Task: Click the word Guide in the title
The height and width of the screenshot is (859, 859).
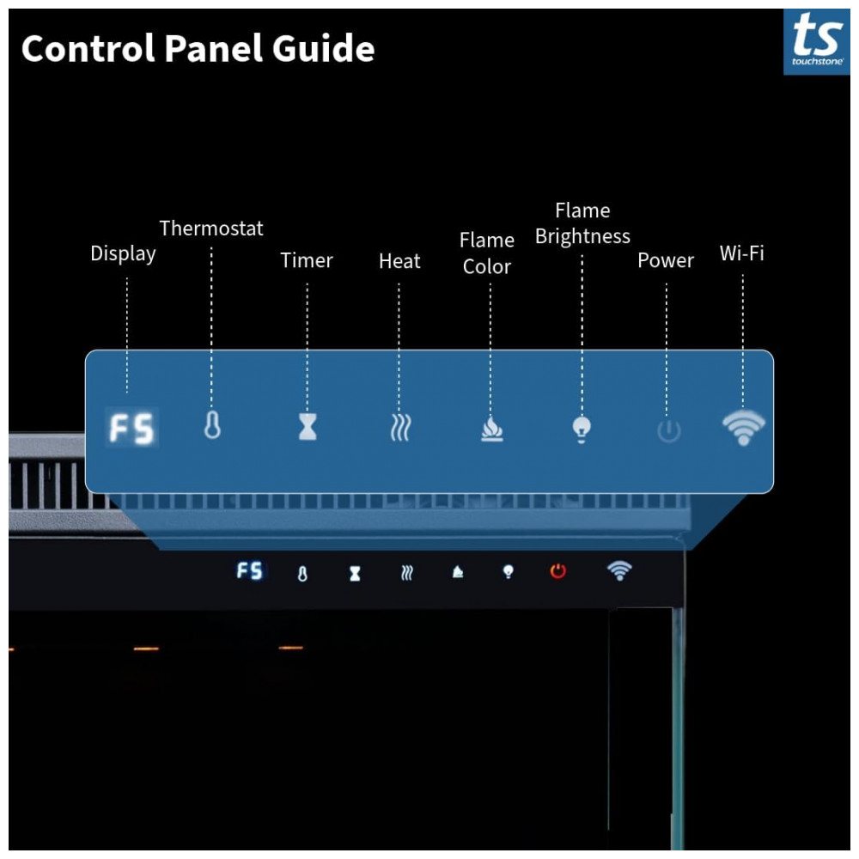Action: coord(324,49)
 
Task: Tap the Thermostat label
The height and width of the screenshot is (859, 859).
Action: coord(211,228)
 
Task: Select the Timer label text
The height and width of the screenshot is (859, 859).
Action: coord(307,260)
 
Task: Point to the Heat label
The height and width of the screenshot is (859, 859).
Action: coord(399,261)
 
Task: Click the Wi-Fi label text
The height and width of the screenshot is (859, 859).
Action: coord(741,253)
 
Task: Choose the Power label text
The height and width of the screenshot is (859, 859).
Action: coord(666,260)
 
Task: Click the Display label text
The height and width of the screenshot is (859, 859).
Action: coord(123,253)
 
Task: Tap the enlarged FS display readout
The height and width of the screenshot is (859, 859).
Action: coord(131,428)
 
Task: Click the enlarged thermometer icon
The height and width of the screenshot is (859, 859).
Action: coord(212,426)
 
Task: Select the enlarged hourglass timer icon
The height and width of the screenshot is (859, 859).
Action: coord(308,427)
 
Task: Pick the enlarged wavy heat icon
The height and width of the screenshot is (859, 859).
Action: coord(399,427)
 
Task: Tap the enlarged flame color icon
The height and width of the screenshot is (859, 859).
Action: coord(491,428)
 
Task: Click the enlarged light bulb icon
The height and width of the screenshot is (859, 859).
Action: coord(582,428)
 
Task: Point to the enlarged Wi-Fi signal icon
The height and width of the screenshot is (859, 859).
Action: coord(743,427)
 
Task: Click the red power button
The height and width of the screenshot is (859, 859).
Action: coord(558,571)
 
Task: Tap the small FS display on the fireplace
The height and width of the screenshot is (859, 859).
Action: coord(250,571)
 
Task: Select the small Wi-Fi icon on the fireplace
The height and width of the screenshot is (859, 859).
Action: coord(618,570)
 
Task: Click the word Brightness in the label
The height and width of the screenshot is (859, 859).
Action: coord(582,236)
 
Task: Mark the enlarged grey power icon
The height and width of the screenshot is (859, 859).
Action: coord(668,430)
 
